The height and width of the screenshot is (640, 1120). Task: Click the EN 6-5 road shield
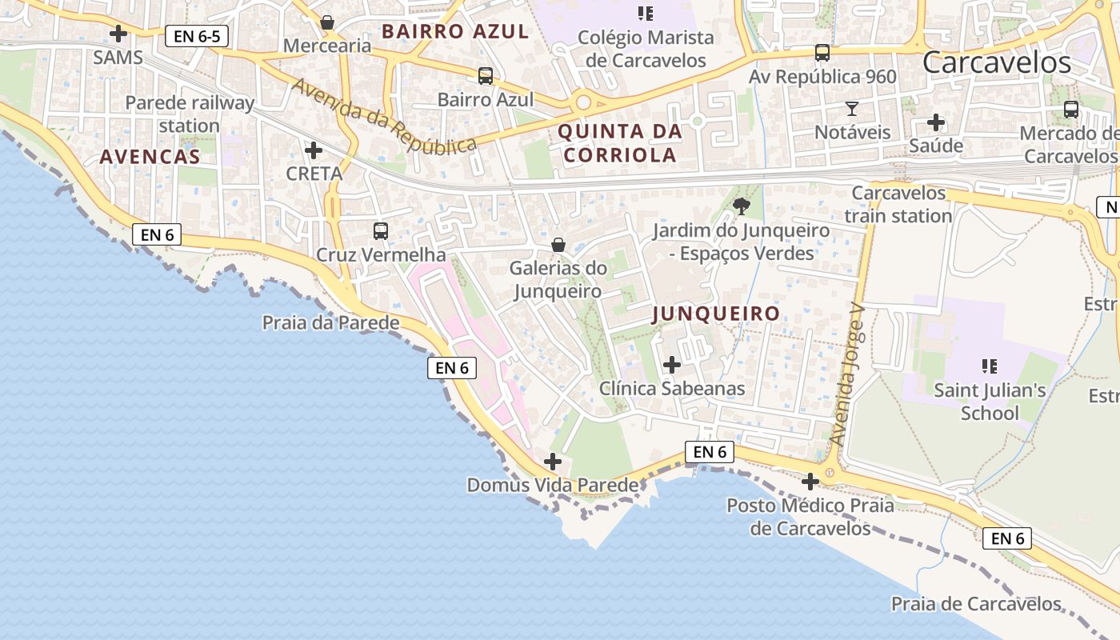pyautogui.click(x=197, y=36)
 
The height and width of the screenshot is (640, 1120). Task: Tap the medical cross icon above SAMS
pyautogui.click(x=118, y=34)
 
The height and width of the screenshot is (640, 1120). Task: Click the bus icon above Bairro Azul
pyautogui.click(x=486, y=76)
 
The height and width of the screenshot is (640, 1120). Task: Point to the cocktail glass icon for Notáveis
pyautogui.click(x=852, y=108)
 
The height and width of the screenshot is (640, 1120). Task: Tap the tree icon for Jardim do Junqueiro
pyautogui.click(x=742, y=206)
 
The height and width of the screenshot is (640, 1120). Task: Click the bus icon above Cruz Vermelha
pyautogui.click(x=381, y=231)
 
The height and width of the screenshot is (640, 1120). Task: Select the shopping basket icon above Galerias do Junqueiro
pyautogui.click(x=558, y=244)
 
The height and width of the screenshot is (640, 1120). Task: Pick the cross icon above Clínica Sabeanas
pyautogui.click(x=672, y=365)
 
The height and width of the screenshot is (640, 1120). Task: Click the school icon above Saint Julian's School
pyautogui.click(x=990, y=366)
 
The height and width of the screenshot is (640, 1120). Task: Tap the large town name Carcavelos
pyautogui.click(x=996, y=62)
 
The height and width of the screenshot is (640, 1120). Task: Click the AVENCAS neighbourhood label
pyautogui.click(x=150, y=157)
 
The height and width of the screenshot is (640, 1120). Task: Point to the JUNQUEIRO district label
pyautogui.click(x=716, y=314)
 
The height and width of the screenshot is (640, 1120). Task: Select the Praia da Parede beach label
pyautogui.click(x=331, y=322)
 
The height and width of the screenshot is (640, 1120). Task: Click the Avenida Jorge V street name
pyautogui.click(x=848, y=383)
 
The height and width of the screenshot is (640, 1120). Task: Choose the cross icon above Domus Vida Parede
pyautogui.click(x=552, y=462)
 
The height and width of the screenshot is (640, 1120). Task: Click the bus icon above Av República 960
pyautogui.click(x=822, y=53)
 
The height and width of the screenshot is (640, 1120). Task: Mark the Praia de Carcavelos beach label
pyautogui.click(x=976, y=603)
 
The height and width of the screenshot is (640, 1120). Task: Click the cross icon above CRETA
pyautogui.click(x=314, y=150)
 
